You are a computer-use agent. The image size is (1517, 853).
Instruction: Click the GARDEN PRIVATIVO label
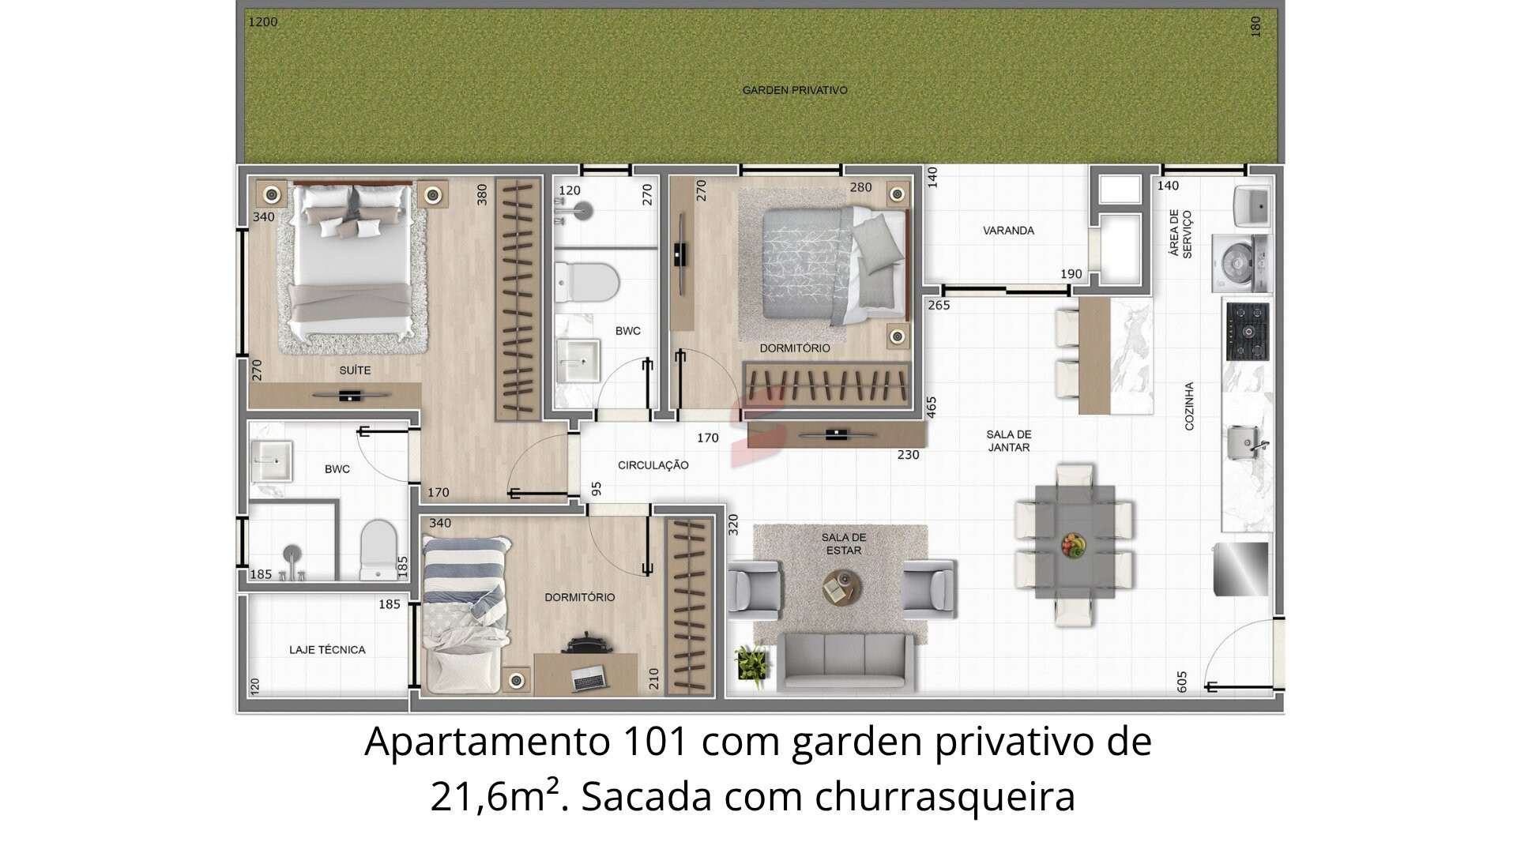click(794, 90)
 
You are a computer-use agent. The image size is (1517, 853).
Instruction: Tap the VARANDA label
click(1008, 231)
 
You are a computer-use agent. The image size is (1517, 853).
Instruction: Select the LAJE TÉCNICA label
click(327, 650)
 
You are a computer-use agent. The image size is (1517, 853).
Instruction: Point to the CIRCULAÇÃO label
click(653, 465)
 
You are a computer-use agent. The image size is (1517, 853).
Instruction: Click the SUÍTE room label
click(355, 370)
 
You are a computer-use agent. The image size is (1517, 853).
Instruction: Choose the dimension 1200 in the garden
click(263, 22)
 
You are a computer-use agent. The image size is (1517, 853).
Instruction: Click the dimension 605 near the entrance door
click(1182, 682)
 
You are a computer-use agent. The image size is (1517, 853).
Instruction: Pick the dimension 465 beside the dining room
click(932, 408)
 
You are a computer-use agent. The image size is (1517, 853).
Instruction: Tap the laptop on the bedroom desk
click(589, 677)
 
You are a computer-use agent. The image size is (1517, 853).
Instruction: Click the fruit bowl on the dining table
click(1073, 546)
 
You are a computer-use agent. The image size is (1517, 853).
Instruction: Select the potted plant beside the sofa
click(751, 660)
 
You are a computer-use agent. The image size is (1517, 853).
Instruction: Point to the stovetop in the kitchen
click(1248, 330)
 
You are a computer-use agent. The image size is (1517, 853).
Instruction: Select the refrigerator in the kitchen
click(1241, 569)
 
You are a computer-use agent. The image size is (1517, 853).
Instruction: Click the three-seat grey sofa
click(845, 661)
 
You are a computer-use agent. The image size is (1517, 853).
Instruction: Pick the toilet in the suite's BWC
click(378, 549)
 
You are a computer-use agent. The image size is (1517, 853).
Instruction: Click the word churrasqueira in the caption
click(945, 797)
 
